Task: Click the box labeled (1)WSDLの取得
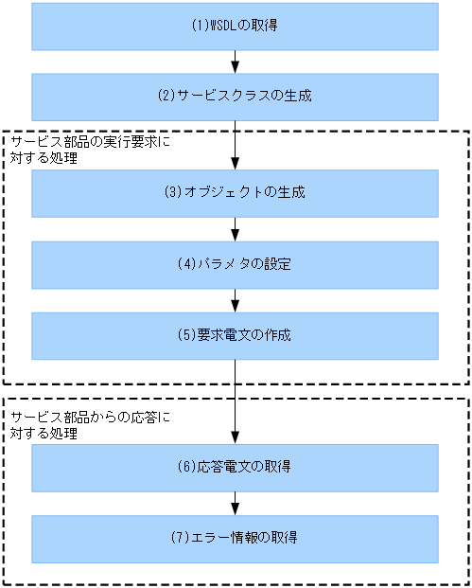[x=235, y=26]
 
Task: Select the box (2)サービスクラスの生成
[x=235, y=96]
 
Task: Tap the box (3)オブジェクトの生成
[x=235, y=193]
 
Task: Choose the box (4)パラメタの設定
[x=235, y=264]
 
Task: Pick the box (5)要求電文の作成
[x=235, y=335]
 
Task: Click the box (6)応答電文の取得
[x=235, y=468]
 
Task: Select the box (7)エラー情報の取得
[x=235, y=538]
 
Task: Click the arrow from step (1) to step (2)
[x=235, y=62]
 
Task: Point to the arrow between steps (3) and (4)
[x=235, y=228]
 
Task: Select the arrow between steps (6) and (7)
[x=235, y=503]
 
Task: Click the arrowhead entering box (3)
[x=235, y=164]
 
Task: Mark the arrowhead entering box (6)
[x=235, y=438]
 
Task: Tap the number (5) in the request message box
[x=187, y=335]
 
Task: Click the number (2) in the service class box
[x=166, y=96]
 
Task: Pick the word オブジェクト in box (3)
[x=219, y=193]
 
